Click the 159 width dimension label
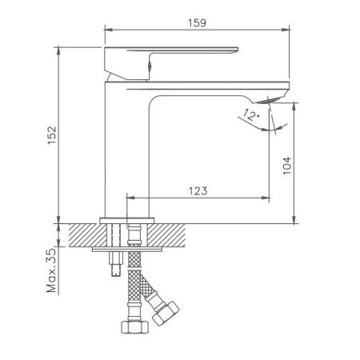click(197, 22)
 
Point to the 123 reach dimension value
click(198, 190)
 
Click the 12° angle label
click(250, 117)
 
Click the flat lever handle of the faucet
click(172, 57)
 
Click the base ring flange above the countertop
click(126, 219)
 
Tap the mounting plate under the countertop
click(127, 249)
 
